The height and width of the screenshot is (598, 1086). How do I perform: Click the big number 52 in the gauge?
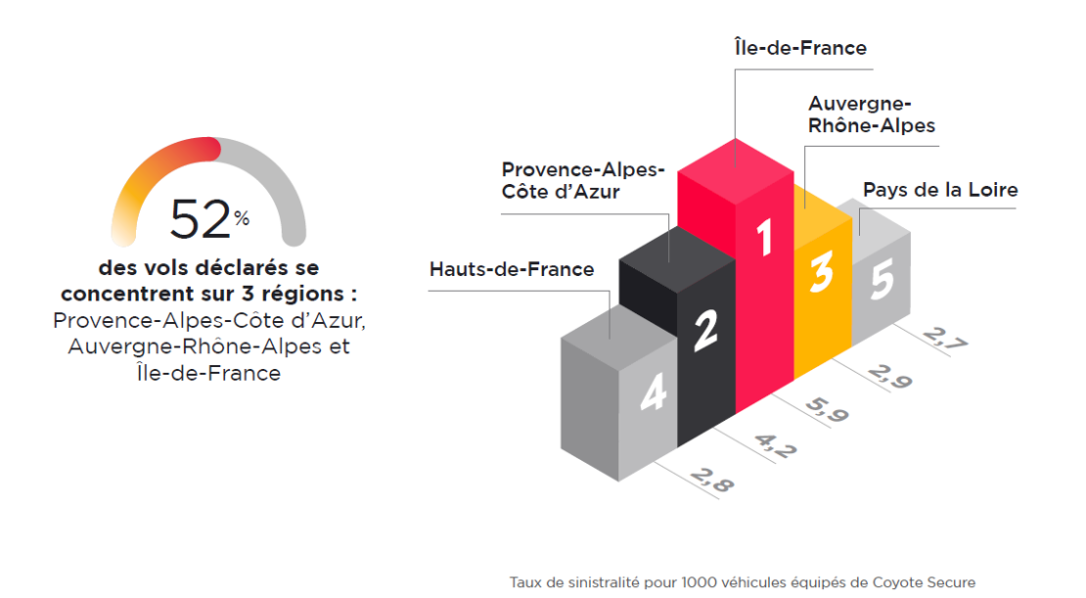201,219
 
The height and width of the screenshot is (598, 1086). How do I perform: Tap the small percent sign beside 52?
242,219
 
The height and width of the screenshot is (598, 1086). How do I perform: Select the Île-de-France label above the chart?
800,47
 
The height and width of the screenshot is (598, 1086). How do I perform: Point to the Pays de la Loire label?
940,190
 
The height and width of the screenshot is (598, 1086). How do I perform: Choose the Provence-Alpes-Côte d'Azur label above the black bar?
582,180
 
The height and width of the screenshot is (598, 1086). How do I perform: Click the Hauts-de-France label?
512,269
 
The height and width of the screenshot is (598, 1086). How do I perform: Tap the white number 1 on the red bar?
765,238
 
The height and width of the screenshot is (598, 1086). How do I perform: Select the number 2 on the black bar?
706,333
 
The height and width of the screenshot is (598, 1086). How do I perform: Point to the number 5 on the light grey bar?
882,282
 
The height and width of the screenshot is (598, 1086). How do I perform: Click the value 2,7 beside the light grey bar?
943,342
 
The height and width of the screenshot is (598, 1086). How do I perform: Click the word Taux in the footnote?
525,582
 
